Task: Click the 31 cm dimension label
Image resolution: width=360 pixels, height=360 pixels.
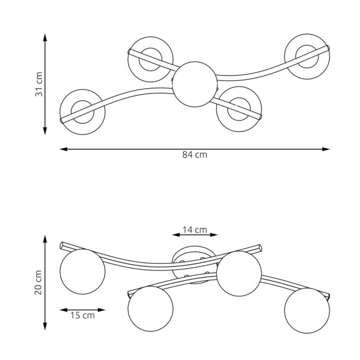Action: (x=39, y=84)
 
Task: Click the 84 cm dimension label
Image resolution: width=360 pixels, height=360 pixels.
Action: (x=195, y=155)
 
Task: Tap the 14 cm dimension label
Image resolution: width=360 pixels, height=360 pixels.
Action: (x=195, y=229)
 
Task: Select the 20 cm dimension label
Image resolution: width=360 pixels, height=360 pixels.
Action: (x=38, y=283)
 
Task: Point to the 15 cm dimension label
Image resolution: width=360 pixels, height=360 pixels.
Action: (x=82, y=315)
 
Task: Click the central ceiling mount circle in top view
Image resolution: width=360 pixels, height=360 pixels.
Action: (x=195, y=84)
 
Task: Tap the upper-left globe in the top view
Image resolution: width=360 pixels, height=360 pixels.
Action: (x=150, y=59)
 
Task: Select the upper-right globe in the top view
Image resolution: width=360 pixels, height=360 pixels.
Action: (x=307, y=57)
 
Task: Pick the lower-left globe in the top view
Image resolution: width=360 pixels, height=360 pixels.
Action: (x=82, y=112)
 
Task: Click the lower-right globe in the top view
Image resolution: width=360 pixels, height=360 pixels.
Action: (x=239, y=109)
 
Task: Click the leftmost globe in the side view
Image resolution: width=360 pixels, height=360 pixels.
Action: (x=82, y=272)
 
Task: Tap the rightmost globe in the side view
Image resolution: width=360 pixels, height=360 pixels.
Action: (x=307, y=310)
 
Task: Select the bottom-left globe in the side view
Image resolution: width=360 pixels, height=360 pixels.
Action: (x=150, y=309)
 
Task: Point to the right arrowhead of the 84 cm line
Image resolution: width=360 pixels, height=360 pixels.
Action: (x=326, y=149)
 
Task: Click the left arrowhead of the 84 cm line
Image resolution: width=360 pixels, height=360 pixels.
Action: (x=63, y=149)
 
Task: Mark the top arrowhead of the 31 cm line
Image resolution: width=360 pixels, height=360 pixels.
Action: (x=45, y=38)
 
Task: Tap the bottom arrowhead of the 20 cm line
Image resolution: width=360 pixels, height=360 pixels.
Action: (x=45, y=326)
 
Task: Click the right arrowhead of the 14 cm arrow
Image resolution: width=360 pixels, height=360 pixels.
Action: (x=214, y=235)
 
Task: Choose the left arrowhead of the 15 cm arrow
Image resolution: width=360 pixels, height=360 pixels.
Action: (x=63, y=310)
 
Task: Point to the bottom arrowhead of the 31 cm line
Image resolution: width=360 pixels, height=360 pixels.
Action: (x=45, y=130)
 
